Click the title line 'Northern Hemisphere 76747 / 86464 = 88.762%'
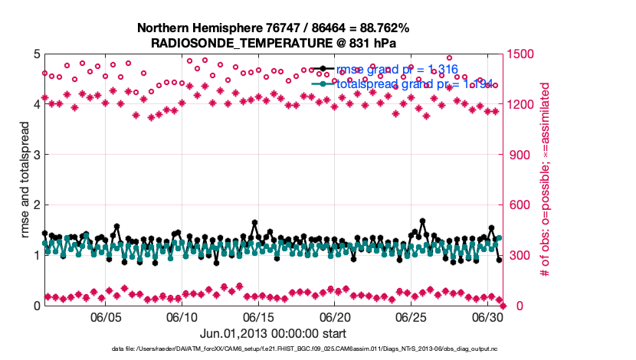(x=274, y=28)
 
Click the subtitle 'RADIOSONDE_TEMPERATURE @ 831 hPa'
(x=274, y=44)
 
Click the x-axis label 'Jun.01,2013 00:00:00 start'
(x=274, y=333)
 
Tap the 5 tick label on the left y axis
(x=37, y=54)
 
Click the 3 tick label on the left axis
(x=37, y=155)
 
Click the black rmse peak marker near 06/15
(x=254, y=223)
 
